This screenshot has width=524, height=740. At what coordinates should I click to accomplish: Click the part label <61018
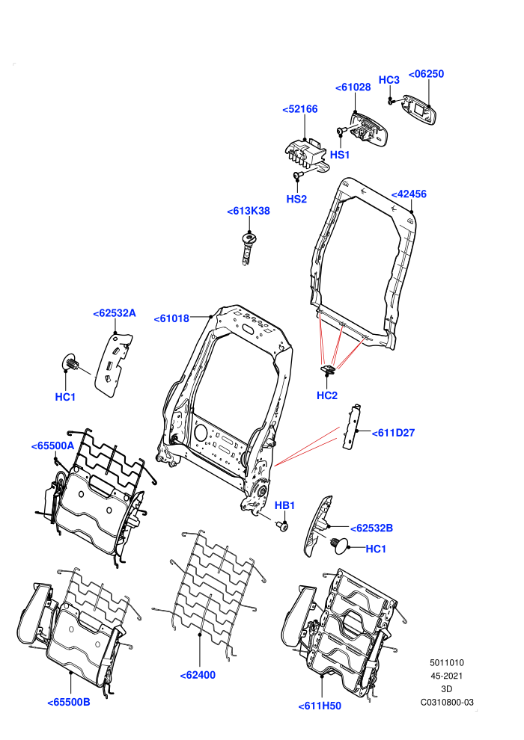(171, 318)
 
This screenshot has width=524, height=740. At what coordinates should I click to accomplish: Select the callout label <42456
(409, 194)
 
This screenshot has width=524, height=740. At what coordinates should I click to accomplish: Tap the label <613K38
(249, 211)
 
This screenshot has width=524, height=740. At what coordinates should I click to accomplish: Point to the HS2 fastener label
(296, 199)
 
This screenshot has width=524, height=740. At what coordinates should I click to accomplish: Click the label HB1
(284, 505)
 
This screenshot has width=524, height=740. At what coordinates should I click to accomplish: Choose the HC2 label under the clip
(327, 395)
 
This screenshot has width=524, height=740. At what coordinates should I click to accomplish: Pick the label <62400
(198, 676)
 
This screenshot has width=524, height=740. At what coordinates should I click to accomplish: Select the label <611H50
(320, 706)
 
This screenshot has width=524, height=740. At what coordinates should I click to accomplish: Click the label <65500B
(69, 702)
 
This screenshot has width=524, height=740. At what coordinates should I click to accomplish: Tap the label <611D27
(393, 433)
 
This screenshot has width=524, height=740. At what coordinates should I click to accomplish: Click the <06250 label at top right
(426, 74)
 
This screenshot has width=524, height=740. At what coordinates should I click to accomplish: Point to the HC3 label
(389, 80)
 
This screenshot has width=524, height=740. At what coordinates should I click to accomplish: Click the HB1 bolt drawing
(283, 525)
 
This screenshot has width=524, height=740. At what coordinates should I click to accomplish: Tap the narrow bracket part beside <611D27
(352, 427)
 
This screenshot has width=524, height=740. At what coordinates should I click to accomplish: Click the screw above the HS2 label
(298, 176)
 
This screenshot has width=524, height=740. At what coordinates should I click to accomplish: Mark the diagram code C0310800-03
(447, 703)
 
